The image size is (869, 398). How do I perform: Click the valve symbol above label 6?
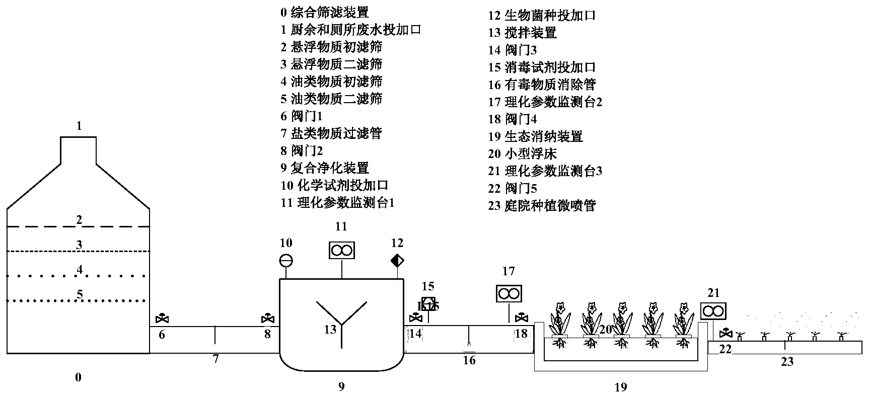[162, 319]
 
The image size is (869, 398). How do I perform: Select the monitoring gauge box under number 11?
[342, 250]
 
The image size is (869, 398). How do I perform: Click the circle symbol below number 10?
[286, 261]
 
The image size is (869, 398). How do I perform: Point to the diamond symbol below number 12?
[397, 261]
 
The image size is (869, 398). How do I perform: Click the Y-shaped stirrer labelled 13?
[342, 322]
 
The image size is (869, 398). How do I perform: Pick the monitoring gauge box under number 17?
[509, 293]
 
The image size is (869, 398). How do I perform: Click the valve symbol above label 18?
[522, 318]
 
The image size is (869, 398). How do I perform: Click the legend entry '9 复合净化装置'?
[325, 168]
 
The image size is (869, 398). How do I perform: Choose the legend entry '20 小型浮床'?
[523, 153]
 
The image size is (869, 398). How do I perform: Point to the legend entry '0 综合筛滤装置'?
[325, 12]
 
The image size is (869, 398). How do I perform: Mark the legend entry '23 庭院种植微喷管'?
[542, 205]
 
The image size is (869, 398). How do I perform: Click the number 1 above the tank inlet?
[79, 126]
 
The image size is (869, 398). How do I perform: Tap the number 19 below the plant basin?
[621, 387]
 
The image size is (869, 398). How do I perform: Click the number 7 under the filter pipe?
[215, 359]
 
